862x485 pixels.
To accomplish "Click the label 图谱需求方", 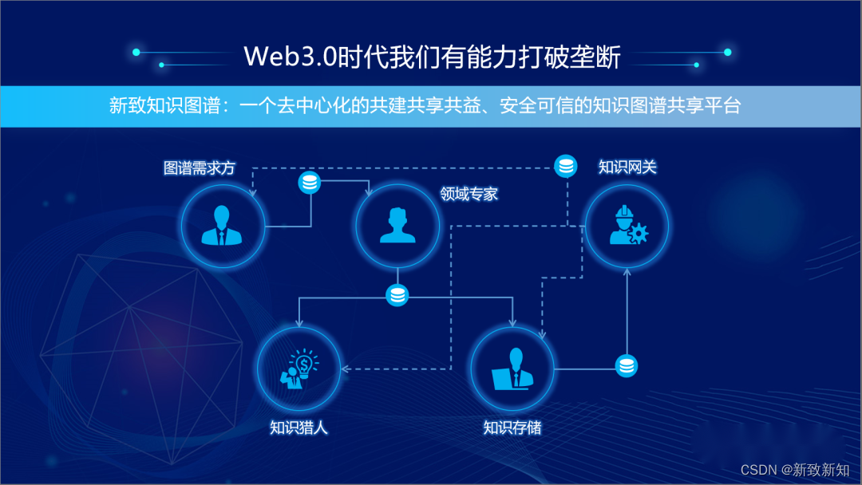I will (200, 169).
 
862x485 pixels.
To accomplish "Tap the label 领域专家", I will (469, 194).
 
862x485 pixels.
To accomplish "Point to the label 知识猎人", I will (299, 428).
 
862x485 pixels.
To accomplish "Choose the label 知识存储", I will (512, 428).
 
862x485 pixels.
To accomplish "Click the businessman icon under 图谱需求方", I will (223, 225).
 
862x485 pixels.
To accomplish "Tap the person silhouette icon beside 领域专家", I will (397, 225).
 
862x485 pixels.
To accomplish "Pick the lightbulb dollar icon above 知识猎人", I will (300, 369).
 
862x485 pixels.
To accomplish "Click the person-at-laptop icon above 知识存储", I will (512, 369).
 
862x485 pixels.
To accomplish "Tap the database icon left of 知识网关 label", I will (566, 167).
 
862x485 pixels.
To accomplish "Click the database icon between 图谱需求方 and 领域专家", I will (310, 183).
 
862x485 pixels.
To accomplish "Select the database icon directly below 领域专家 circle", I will (397, 296).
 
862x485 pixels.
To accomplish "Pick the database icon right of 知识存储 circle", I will (627, 366).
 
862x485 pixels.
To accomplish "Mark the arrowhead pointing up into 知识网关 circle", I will (627, 272).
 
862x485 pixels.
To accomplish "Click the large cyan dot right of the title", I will (727, 53).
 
